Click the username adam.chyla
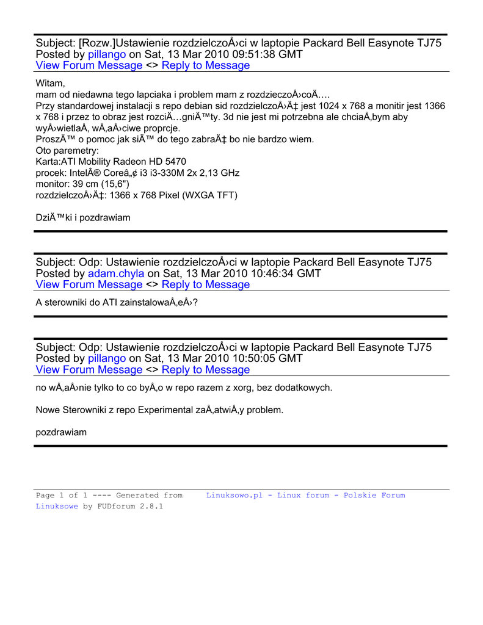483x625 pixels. click(116, 273)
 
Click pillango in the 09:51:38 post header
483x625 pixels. click(107, 54)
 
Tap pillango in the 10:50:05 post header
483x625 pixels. click(107, 358)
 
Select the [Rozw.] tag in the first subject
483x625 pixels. click(96, 43)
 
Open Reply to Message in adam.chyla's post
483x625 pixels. click(206, 284)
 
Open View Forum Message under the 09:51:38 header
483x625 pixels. click(89, 65)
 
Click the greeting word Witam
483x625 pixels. click(50, 83)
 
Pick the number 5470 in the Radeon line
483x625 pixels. click(174, 162)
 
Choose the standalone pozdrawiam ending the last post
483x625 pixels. click(61, 432)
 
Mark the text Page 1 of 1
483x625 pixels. click(62, 496)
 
